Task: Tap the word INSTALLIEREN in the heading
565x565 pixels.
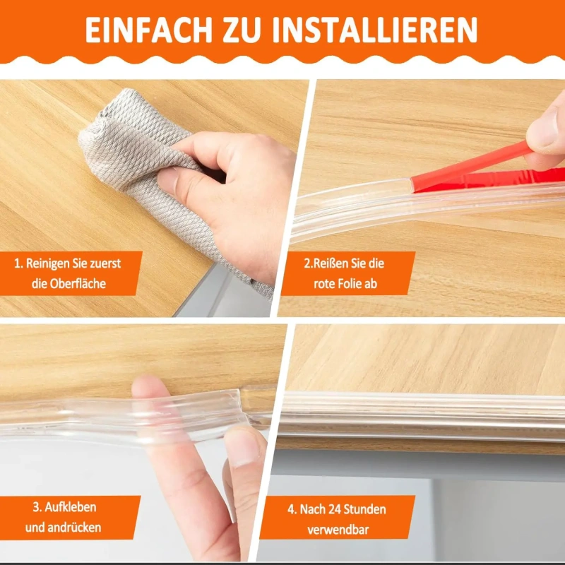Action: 375,30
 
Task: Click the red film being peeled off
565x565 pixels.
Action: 483,173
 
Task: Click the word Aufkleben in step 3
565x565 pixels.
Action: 70,507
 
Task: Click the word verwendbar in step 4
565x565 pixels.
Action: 338,530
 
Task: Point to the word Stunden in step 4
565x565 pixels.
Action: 364,509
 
